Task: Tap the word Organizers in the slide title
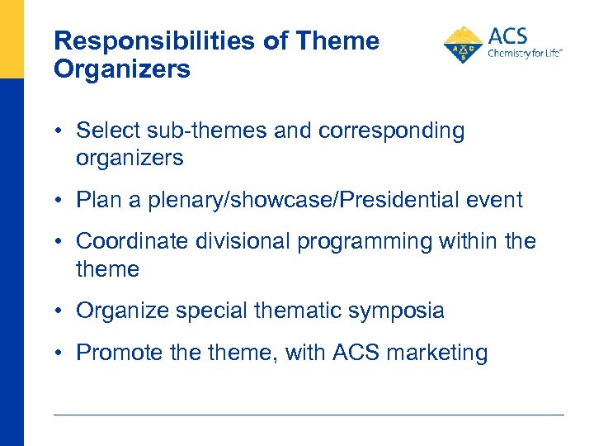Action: [x=121, y=69]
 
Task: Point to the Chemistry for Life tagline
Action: [x=525, y=53]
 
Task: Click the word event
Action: [x=494, y=200]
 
